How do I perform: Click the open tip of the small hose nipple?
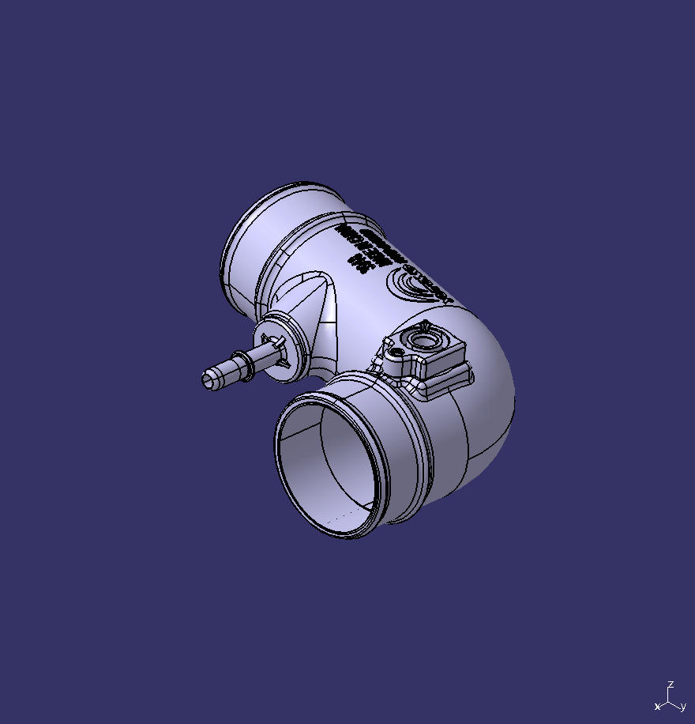pos(208,379)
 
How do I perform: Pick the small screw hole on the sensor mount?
pos(390,345)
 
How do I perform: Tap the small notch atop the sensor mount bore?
pos(425,326)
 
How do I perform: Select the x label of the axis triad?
pos(656,707)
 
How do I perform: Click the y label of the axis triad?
pos(682,707)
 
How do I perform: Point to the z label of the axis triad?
pos(671,684)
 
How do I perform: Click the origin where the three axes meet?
pos(669,699)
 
